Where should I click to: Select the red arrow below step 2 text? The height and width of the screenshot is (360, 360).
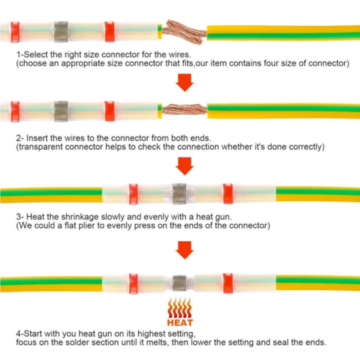pos(184,166)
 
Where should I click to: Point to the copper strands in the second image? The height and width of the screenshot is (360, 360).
pos(184,109)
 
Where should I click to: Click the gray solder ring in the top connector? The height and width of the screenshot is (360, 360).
pos(60,31)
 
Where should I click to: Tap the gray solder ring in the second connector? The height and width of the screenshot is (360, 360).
pos(61,111)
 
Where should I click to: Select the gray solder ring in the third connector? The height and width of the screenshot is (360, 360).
pos(179,193)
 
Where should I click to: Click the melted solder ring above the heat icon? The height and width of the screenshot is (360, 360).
pos(179,284)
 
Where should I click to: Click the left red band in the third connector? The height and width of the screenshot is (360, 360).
pos(133,194)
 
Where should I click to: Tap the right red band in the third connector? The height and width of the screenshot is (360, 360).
pos(228,193)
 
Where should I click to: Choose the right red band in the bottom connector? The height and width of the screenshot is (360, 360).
pos(228,283)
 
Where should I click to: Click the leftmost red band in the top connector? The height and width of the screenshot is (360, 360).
pos(15,31)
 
